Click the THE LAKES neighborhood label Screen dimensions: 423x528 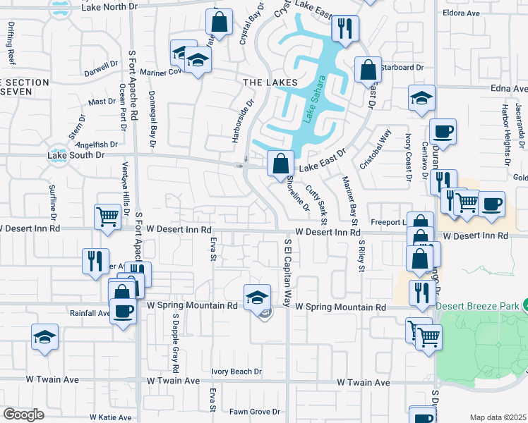pyautogui.click(x=270, y=82)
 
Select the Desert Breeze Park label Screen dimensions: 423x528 pyautogui.click(x=477, y=305)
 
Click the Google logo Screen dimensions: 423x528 pyautogui.click(x=23, y=415)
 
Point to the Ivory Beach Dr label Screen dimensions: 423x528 pyautogui.click(x=236, y=372)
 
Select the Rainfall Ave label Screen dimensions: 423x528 pyautogui.click(x=90, y=312)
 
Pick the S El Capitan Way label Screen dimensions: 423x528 pyautogui.click(x=288, y=272)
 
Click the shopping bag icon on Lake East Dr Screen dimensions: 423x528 pyautogui.click(x=280, y=164)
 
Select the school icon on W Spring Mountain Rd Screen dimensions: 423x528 pyautogui.click(x=258, y=297)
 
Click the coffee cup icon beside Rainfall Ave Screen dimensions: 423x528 pyautogui.click(x=123, y=311)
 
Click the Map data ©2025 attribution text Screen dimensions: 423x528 pyautogui.click(x=498, y=417)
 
